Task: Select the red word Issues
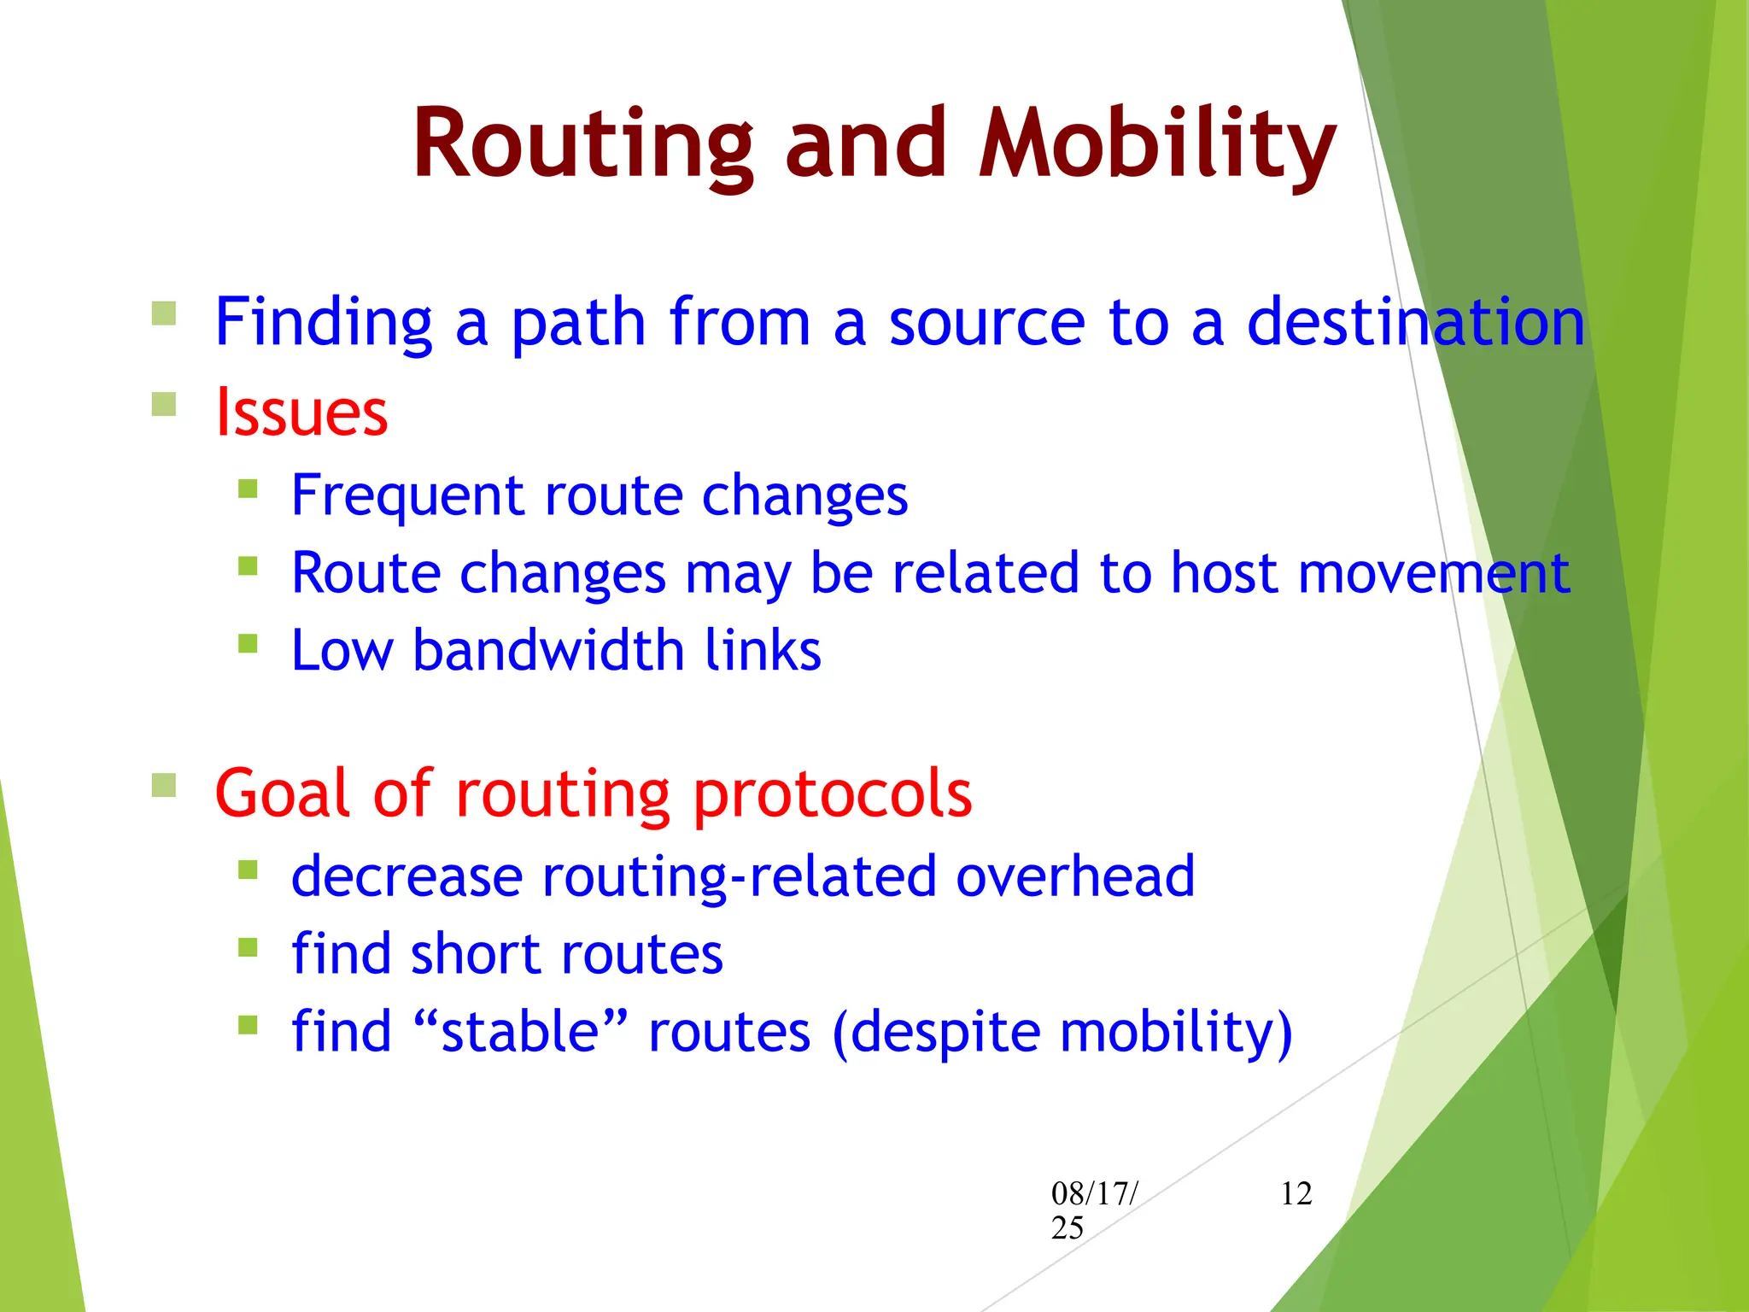(x=301, y=413)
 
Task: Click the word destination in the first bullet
(x=1415, y=322)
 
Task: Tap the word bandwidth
(x=548, y=650)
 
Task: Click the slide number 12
(x=1296, y=1193)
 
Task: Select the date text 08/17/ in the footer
(x=1094, y=1193)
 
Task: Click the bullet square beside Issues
(x=164, y=404)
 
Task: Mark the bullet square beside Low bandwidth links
(x=248, y=643)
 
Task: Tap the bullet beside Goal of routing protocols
(x=164, y=784)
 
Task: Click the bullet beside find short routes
(x=248, y=946)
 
